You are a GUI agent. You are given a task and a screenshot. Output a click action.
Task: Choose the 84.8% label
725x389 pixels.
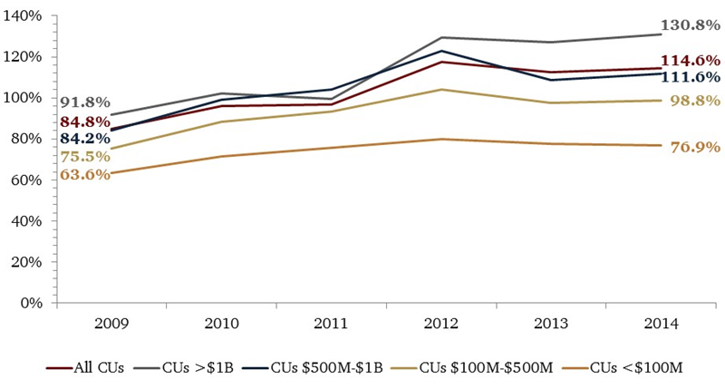tap(85, 122)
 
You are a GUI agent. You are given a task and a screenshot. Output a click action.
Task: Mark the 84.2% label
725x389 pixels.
tap(85, 139)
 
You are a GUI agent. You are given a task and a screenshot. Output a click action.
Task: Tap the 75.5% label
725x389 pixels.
tap(85, 156)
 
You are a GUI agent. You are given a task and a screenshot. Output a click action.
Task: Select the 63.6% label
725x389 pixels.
tap(85, 173)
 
